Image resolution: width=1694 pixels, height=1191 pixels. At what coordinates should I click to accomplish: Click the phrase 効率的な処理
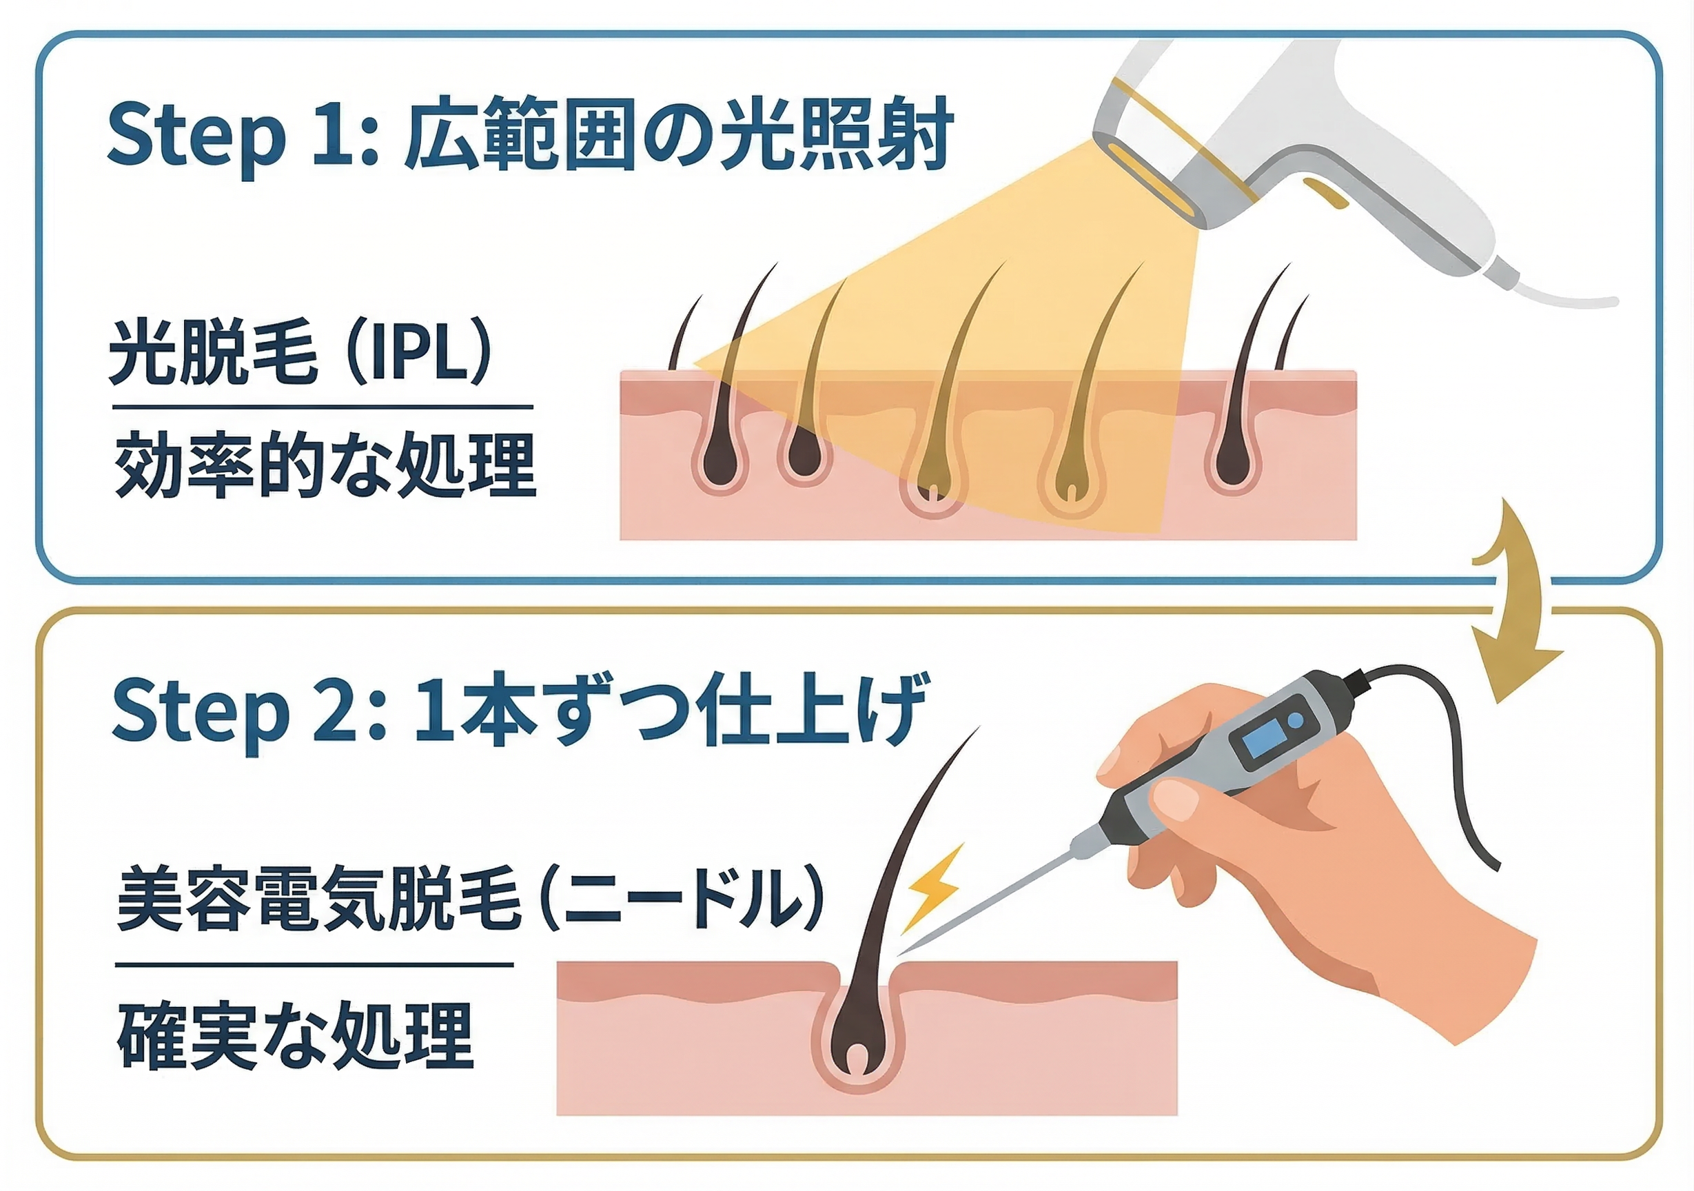(325, 466)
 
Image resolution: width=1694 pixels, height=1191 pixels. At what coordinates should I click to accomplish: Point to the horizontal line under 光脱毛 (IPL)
(323, 407)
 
